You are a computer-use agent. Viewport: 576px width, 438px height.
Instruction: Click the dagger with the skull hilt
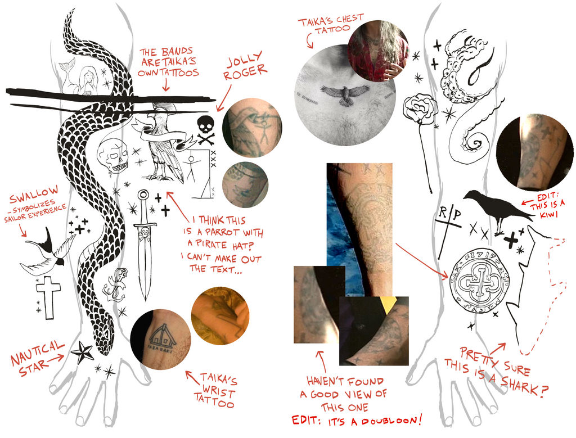coord(145,242)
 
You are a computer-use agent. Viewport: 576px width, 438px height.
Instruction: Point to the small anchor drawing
coord(115,284)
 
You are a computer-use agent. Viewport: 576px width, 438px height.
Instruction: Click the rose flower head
coord(420,109)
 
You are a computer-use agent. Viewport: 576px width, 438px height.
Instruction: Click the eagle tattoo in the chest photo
coord(345,94)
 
